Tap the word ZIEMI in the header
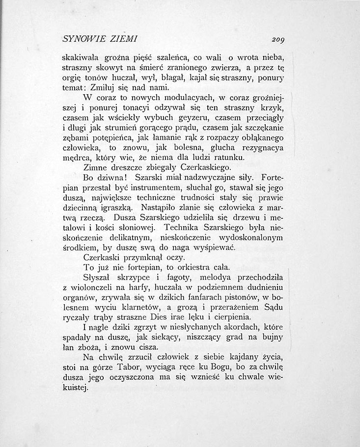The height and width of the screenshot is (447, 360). point(124,38)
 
